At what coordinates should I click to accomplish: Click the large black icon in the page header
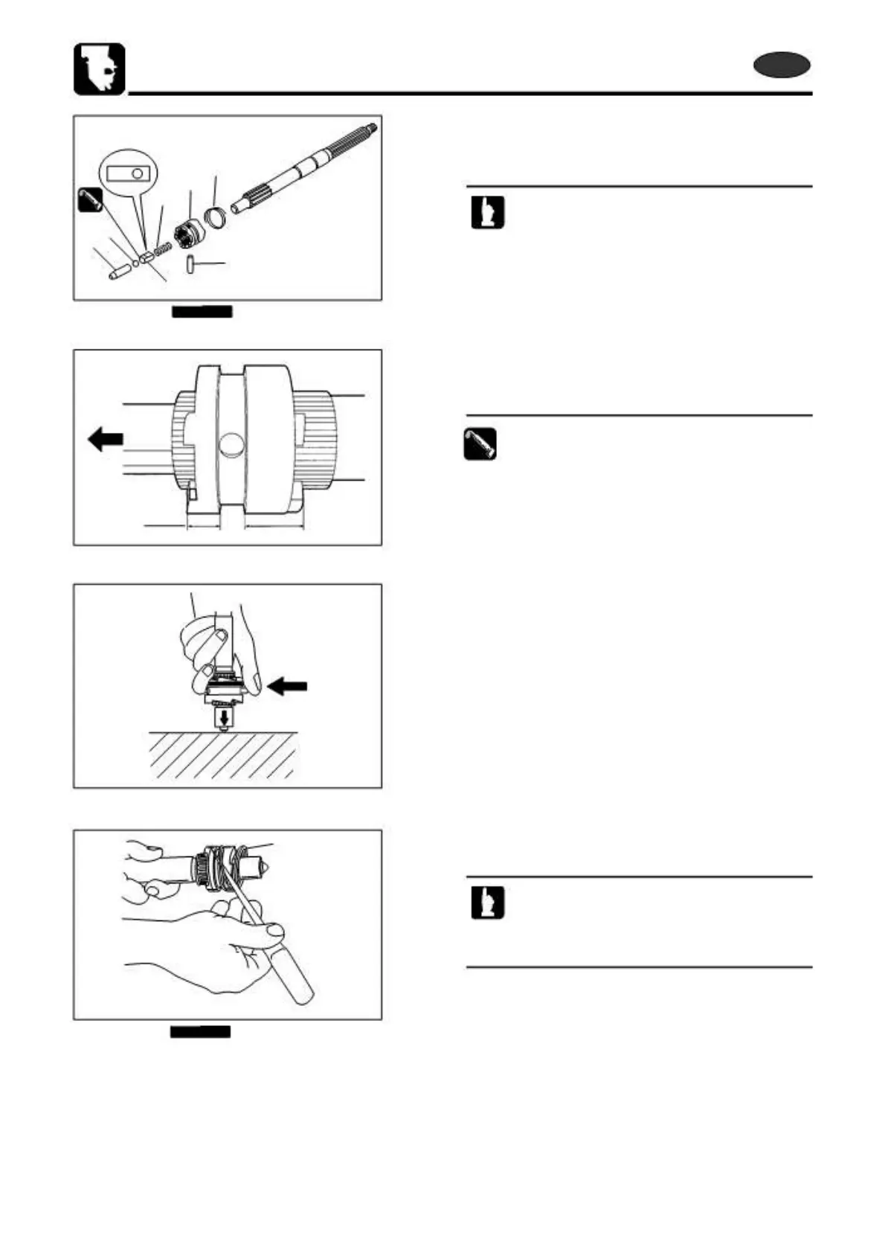pos(99,69)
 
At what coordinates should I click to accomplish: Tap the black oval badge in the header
pos(781,65)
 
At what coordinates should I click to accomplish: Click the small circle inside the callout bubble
pos(137,173)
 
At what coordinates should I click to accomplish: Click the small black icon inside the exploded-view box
pos(90,199)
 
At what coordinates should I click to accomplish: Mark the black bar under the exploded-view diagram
pos(202,311)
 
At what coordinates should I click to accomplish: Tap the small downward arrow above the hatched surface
pos(222,719)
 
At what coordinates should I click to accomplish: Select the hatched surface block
pos(223,755)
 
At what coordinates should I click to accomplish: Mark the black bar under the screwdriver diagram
pos(200,1031)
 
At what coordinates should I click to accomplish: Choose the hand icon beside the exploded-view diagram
pos(487,212)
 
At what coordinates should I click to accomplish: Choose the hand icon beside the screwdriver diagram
pos(487,903)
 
